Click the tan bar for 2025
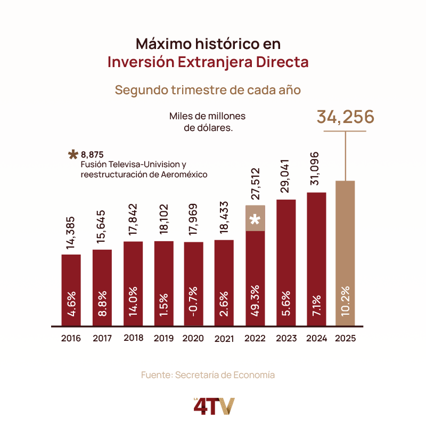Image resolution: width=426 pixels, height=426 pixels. tap(345, 253)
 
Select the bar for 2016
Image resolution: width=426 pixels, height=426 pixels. tap(71, 290)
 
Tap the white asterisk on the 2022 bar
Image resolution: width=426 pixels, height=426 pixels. tap(255, 219)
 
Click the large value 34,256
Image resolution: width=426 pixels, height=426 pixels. tap(346, 117)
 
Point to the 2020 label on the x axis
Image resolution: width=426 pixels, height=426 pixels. tap(193, 338)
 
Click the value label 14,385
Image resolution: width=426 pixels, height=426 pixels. tap(71, 233)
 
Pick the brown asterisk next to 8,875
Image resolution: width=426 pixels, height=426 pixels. tap(73, 155)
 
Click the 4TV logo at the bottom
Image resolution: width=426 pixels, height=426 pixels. tap(213, 406)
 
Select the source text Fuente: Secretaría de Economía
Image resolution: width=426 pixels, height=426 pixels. tap(208, 375)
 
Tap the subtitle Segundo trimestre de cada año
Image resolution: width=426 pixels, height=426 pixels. tap(208, 89)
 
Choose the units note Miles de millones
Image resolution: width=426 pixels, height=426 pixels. tap(208, 116)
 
